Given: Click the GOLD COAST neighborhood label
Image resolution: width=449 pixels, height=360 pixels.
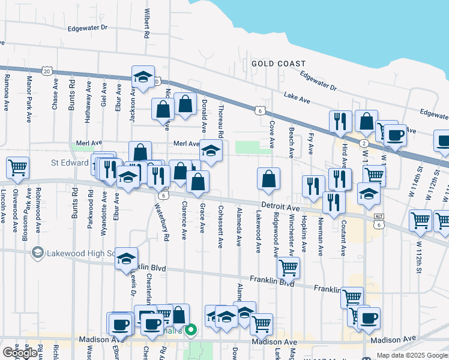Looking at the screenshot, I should [x=279, y=64].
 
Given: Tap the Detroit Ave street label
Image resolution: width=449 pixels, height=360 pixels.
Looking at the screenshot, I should [x=280, y=206].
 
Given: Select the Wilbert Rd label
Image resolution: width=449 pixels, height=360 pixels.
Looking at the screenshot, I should [x=146, y=23].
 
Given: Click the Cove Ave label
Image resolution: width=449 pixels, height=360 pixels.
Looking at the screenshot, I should [x=272, y=134].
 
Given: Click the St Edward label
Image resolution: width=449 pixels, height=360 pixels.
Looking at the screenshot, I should [x=70, y=162].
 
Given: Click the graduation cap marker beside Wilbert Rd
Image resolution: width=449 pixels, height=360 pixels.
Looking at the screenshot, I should [x=143, y=77].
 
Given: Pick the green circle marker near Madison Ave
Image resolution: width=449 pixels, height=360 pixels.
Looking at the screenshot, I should [x=191, y=329].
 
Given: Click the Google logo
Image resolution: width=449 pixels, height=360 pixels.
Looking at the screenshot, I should [x=20, y=352].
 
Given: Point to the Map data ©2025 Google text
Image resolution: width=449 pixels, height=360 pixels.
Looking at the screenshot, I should [x=412, y=355].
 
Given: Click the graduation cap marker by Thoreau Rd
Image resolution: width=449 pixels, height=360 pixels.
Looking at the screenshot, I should [x=211, y=151].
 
